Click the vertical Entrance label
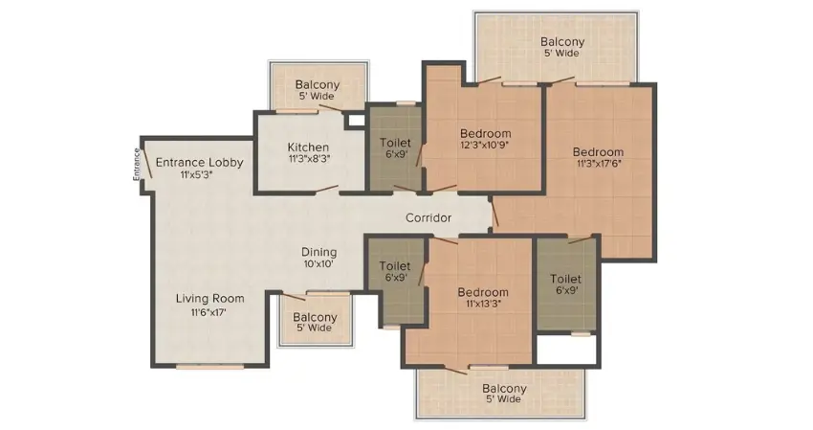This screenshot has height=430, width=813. [x=137, y=165]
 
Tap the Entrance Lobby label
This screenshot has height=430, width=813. [x=200, y=163]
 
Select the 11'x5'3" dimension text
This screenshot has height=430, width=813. [x=196, y=175]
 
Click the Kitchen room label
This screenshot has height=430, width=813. [x=309, y=147]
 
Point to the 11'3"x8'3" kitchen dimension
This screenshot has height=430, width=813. [x=309, y=159]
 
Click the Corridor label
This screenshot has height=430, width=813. [x=428, y=218]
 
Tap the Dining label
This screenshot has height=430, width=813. [x=319, y=253]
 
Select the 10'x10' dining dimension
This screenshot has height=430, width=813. [x=319, y=263]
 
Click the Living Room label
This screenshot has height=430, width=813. [x=210, y=299]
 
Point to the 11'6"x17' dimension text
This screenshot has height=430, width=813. [x=209, y=312]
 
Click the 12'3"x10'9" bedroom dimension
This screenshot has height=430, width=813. [x=486, y=145]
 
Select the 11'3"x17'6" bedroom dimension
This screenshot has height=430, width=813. [x=598, y=164]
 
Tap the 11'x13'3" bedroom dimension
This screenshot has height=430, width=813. [x=483, y=304]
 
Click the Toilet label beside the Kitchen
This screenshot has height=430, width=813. [x=395, y=143]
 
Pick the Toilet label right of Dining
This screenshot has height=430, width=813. [x=395, y=266]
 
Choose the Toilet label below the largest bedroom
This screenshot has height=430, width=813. [x=565, y=279]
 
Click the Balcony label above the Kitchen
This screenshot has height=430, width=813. [x=318, y=84]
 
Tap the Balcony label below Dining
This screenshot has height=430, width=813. [x=315, y=317]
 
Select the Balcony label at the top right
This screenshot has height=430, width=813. [x=562, y=41]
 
